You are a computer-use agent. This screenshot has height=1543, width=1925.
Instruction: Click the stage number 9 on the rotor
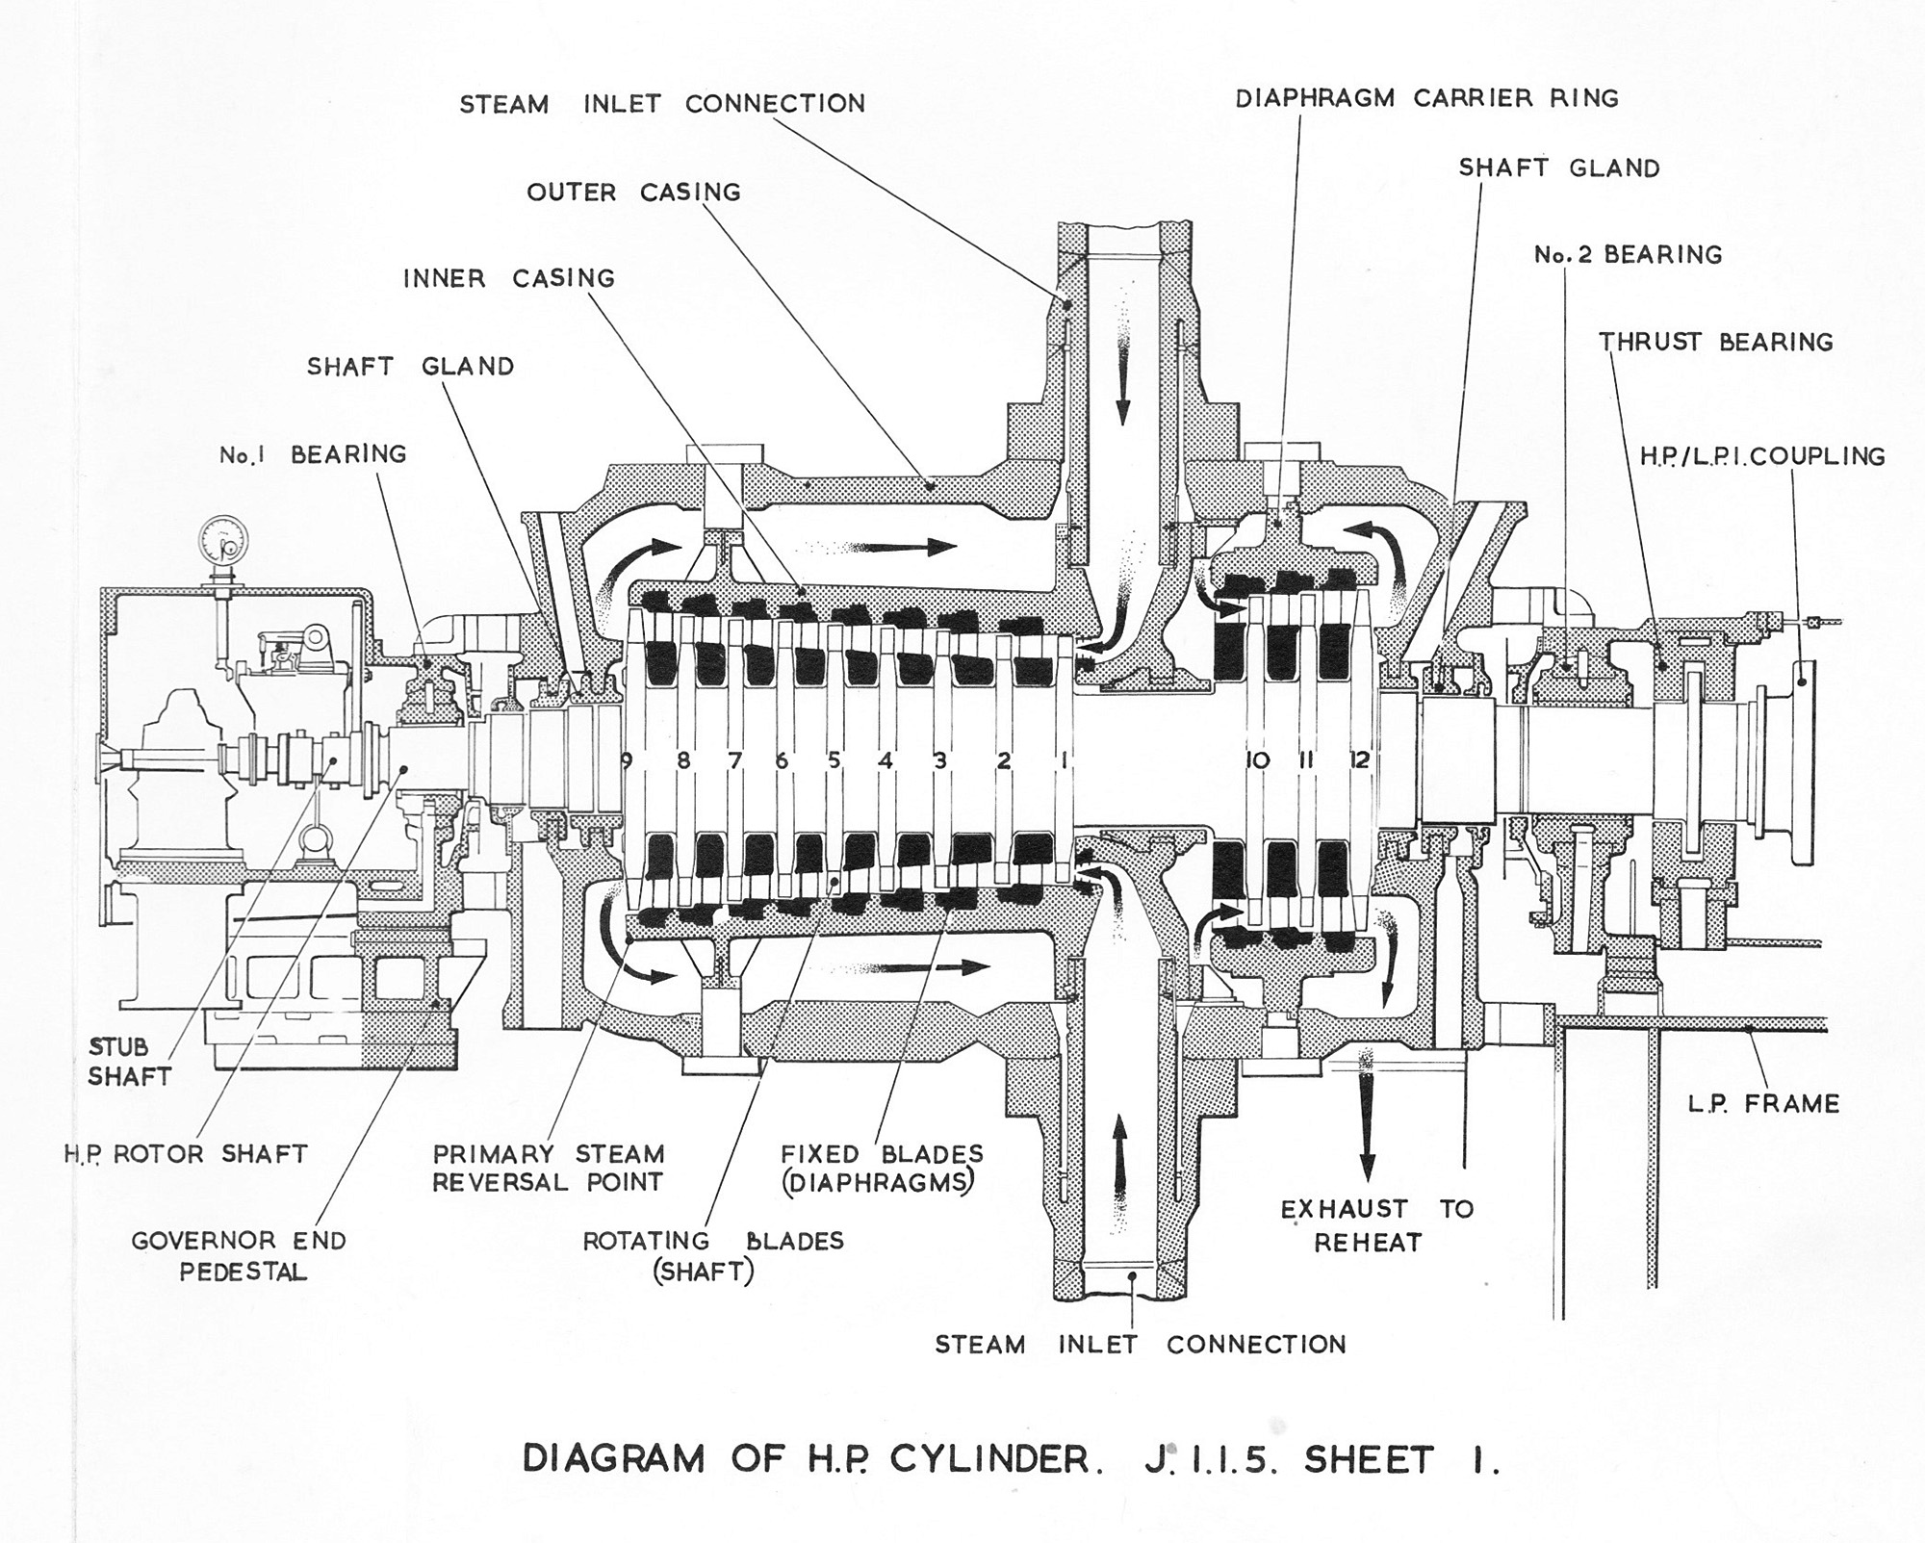pyautogui.click(x=627, y=760)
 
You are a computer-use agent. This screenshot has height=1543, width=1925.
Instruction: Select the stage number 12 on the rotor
pyautogui.click(x=1359, y=759)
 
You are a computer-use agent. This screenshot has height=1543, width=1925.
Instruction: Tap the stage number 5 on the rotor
pyautogui.click(x=834, y=760)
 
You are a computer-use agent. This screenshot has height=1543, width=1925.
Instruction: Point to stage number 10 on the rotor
pyautogui.click(x=1257, y=759)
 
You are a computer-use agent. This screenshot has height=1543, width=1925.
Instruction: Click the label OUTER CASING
pyautogui.click(x=633, y=193)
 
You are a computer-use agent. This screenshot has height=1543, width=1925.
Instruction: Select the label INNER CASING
pyautogui.click(x=508, y=279)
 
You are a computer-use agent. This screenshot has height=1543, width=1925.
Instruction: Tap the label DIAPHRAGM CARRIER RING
pyautogui.click(x=1426, y=98)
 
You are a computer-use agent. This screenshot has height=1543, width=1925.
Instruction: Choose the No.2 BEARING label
pyautogui.click(x=1628, y=255)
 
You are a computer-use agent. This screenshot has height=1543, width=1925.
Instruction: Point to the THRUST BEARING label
pyautogui.click(x=1716, y=342)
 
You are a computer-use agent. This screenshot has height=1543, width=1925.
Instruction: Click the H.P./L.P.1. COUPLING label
pyautogui.click(x=1762, y=456)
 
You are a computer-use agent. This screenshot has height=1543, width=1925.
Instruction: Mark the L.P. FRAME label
pyautogui.click(x=1763, y=1103)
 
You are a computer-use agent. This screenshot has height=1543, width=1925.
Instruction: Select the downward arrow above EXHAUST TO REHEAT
pyautogui.click(x=1366, y=1117)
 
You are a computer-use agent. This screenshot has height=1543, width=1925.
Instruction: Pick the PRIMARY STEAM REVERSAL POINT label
pyautogui.click(x=548, y=1168)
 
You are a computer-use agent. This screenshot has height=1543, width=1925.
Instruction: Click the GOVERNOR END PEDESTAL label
pyautogui.click(x=239, y=1255)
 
